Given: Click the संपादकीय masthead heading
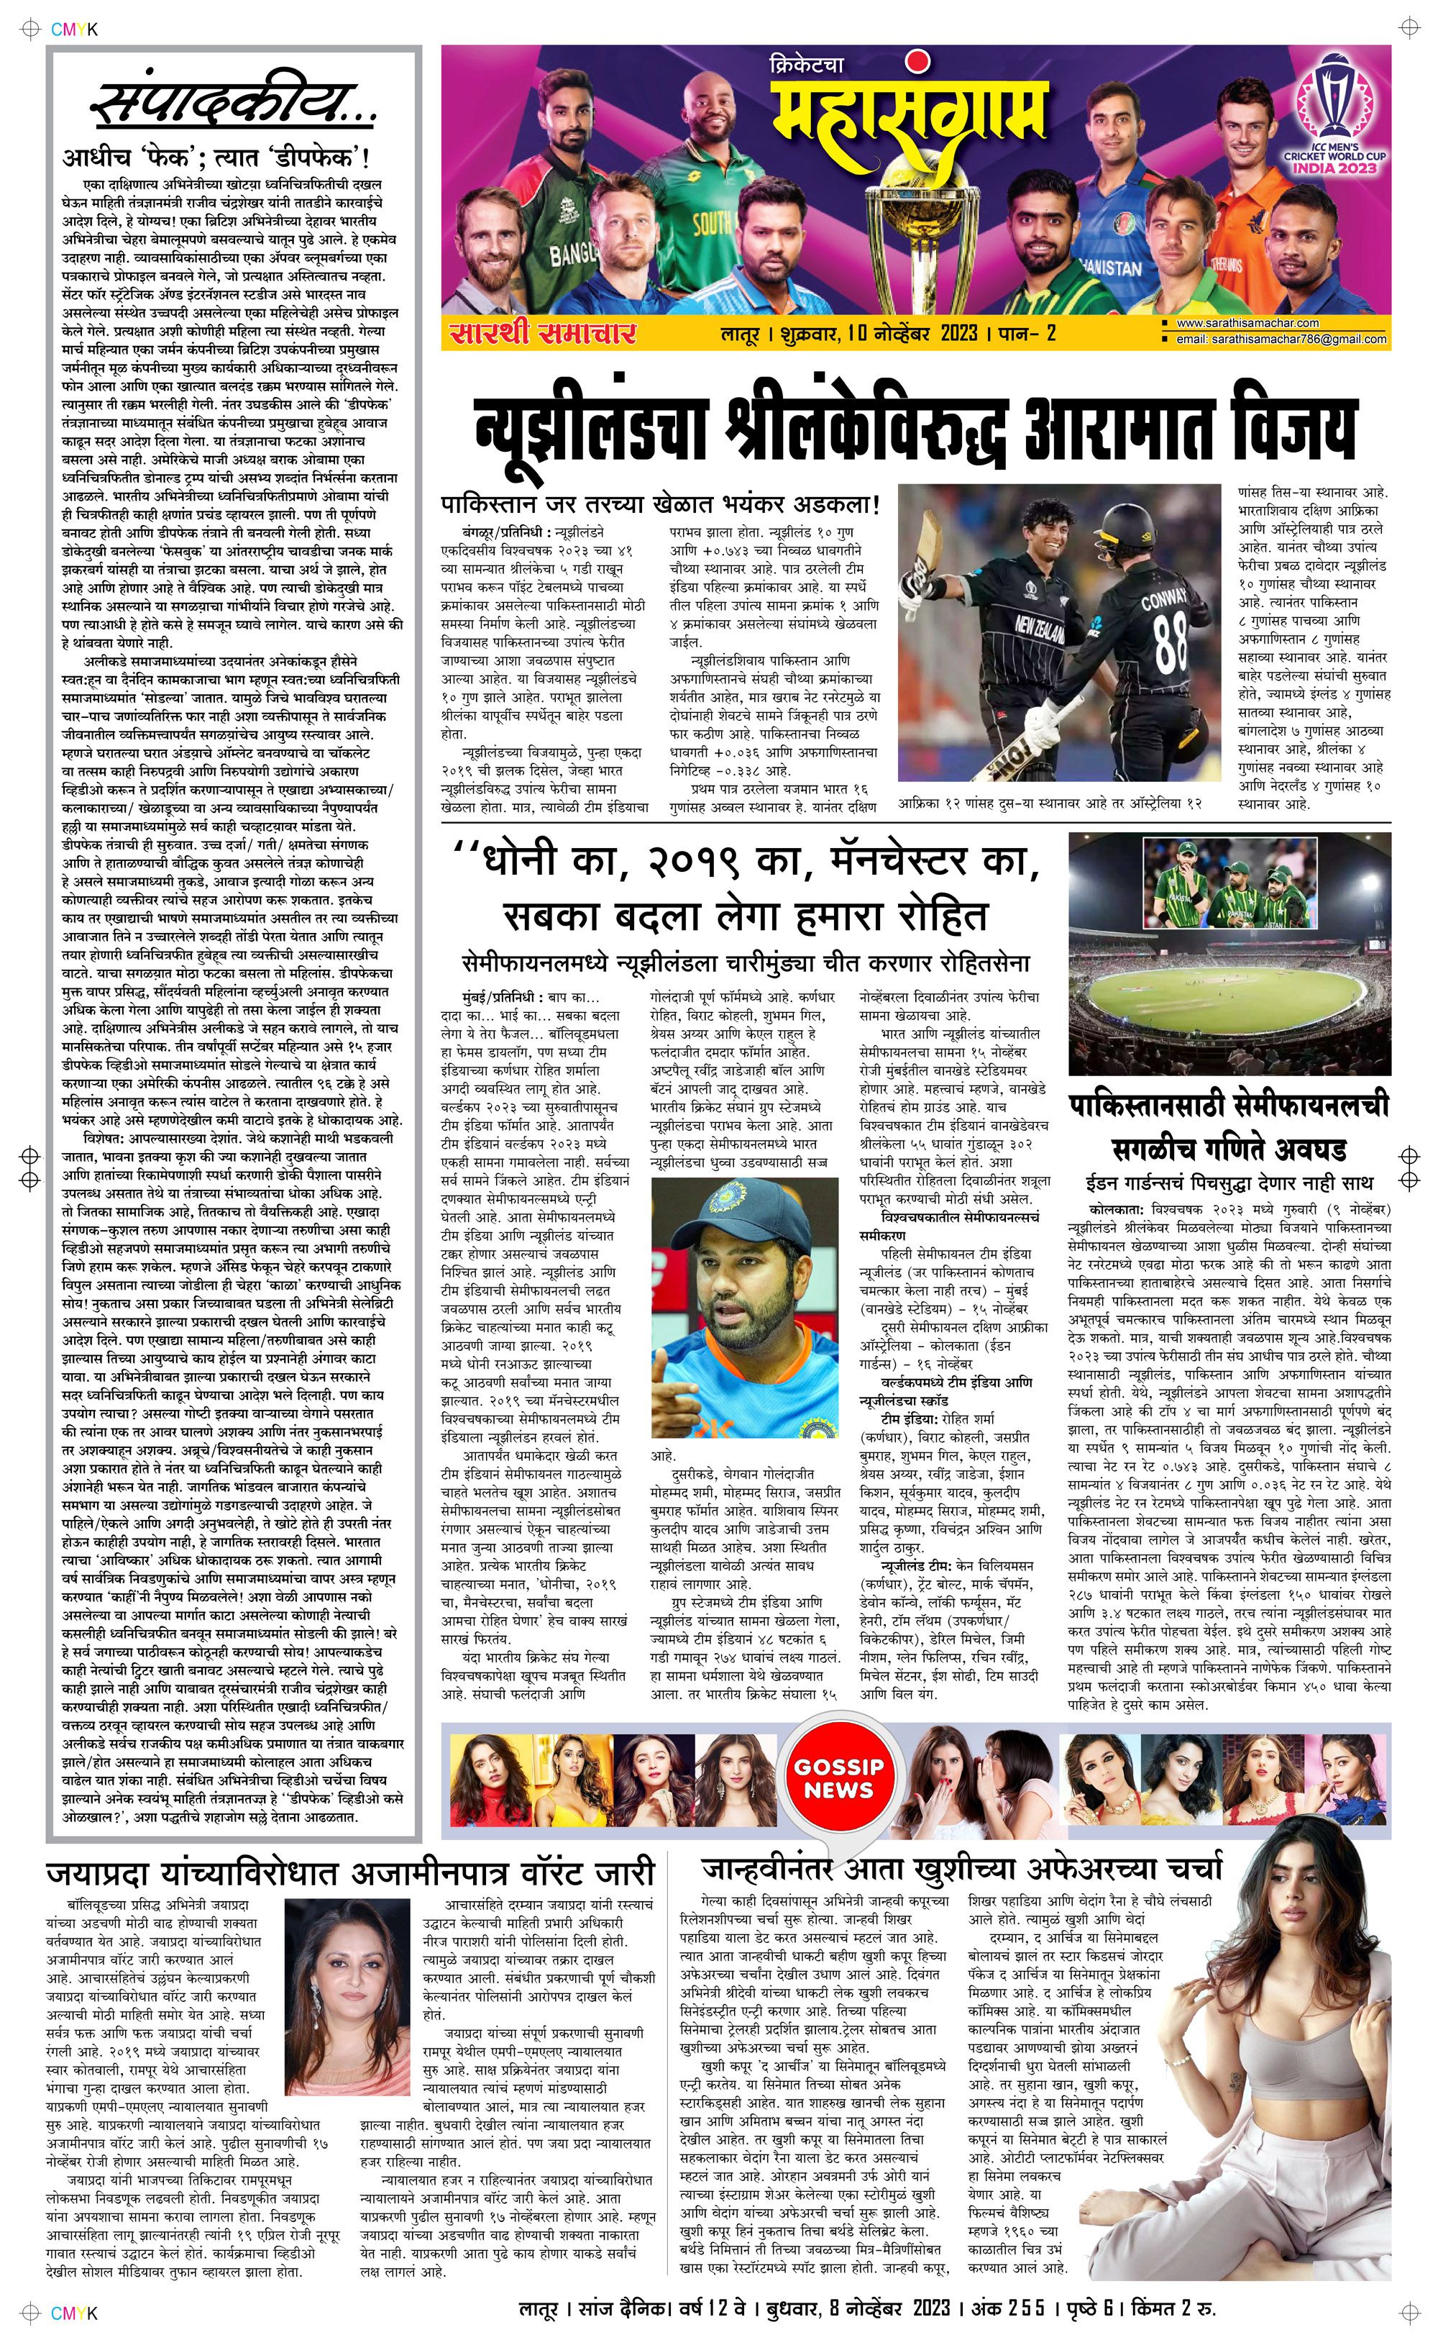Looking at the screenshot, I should click(233, 106).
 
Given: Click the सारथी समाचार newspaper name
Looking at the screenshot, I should click(543, 333).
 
